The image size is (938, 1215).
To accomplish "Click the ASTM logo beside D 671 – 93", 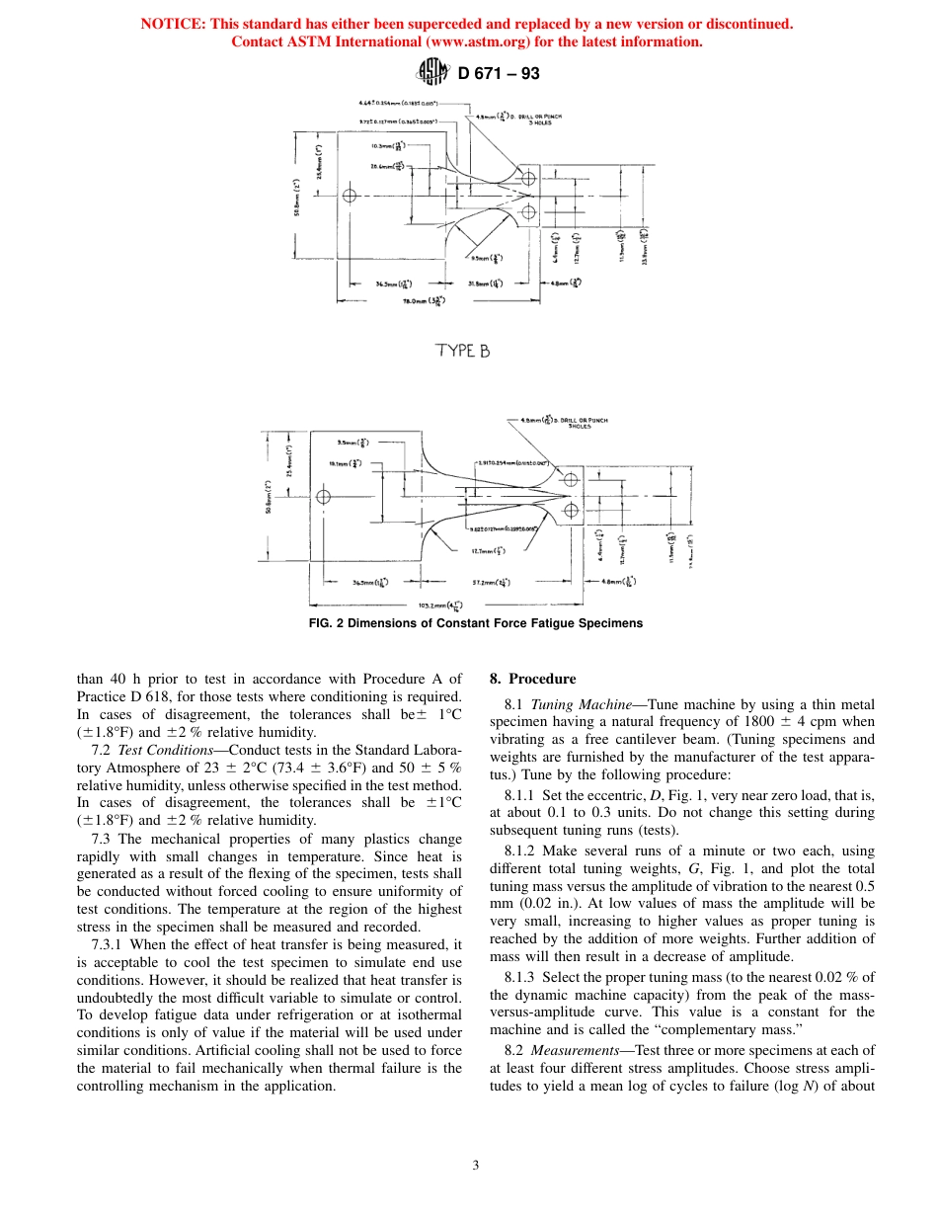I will point(431,72).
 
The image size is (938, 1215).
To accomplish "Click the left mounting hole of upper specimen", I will point(350,195).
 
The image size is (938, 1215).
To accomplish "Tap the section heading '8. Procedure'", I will point(532,679).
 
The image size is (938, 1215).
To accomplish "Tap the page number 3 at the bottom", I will point(475,1165).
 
